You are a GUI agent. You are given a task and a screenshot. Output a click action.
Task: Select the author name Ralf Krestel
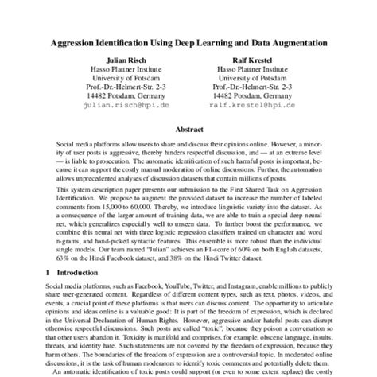click(251, 60)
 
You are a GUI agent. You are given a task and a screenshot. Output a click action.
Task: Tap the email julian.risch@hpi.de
click(126, 104)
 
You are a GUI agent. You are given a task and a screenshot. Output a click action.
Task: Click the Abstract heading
click(188, 127)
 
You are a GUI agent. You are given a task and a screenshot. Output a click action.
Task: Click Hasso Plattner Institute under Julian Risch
click(126, 71)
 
